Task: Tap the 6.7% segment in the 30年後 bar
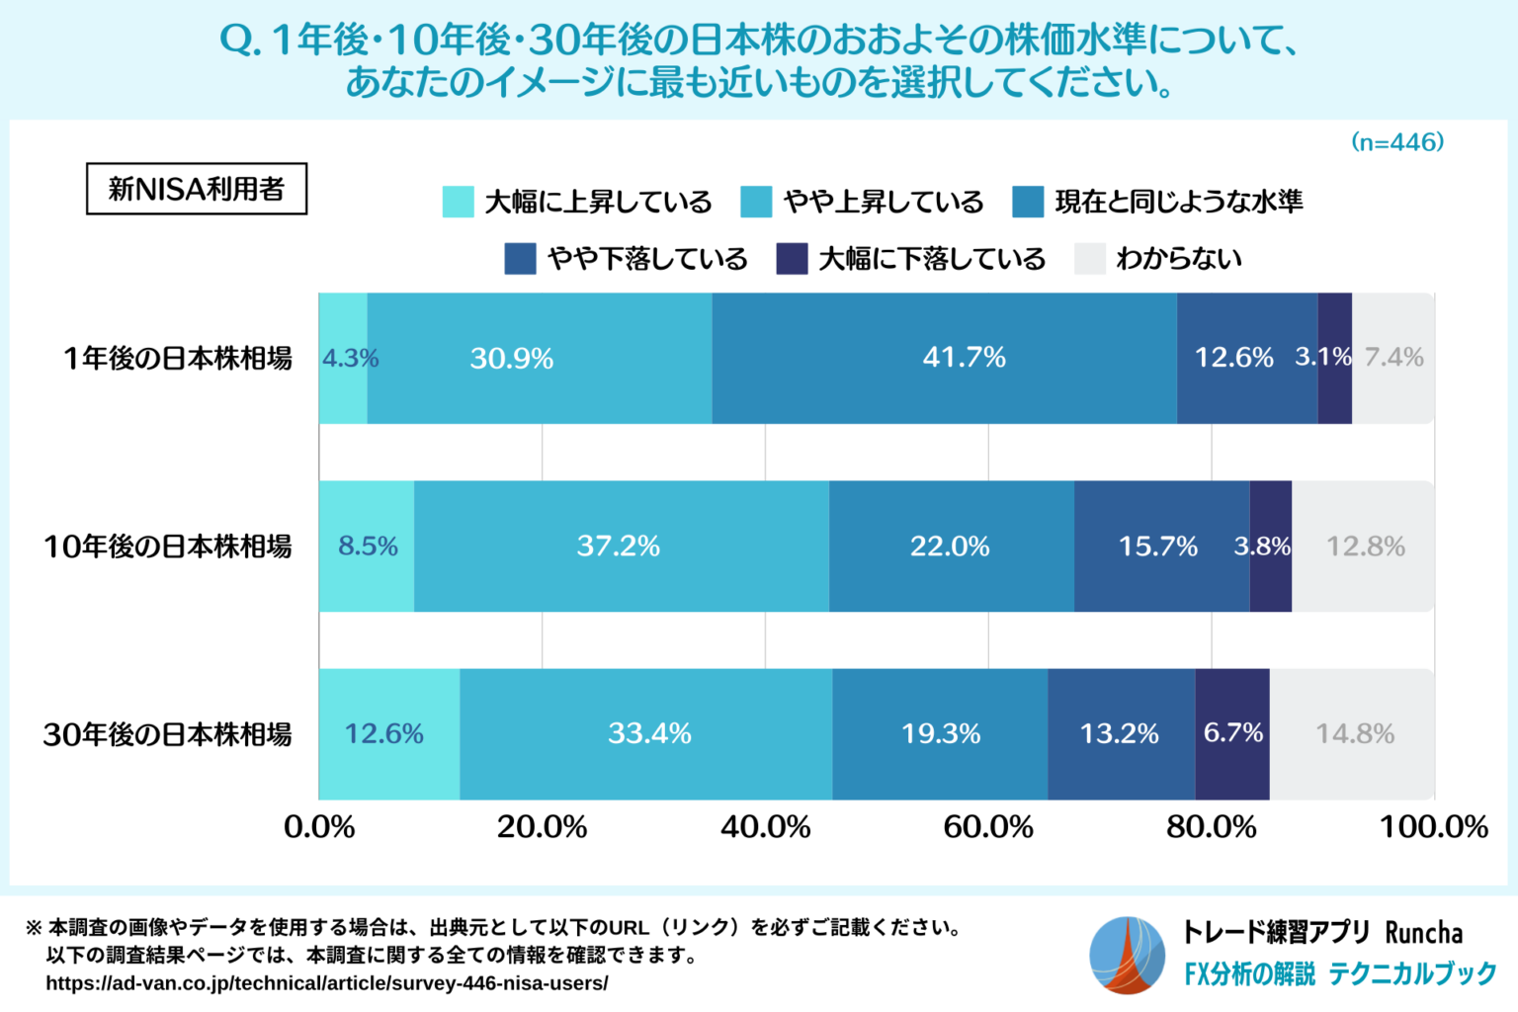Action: pyautogui.click(x=1232, y=733)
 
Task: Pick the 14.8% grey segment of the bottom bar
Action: pyautogui.click(x=1354, y=733)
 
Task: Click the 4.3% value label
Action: pyautogui.click(x=350, y=358)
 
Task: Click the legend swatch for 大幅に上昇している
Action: pyautogui.click(x=459, y=202)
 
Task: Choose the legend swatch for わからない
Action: pyautogui.click(x=1089, y=259)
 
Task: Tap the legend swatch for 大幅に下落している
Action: pyautogui.click(x=792, y=259)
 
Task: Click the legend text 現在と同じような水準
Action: pyautogui.click(x=1178, y=202)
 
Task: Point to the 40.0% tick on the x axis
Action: pyautogui.click(x=765, y=826)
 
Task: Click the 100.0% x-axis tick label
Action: pyautogui.click(x=1433, y=826)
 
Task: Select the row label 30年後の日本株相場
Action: pyautogui.click(x=167, y=734)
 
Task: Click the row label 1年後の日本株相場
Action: pyautogui.click(x=178, y=358)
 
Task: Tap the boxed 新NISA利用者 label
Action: pyautogui.click(x=197, y=189)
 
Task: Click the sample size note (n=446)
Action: pyautogui.click(x=1397, y=142)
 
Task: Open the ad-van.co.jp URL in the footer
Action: pyautogui.click(x=327, y=983)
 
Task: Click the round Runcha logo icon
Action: pyautogui.click(x=1128, y=955)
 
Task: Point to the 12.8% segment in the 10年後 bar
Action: pyautogui.click(x=1364, y=546)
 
